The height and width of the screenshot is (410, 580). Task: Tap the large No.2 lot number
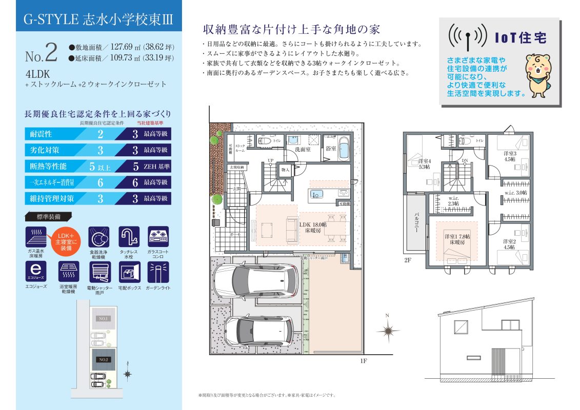point(41,52)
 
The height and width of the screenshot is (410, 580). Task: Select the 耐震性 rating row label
point(42,134)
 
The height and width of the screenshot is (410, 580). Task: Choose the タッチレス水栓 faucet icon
point(129,237)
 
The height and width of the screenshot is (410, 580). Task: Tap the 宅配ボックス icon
point(128,272)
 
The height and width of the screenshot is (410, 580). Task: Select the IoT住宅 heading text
point(520,38)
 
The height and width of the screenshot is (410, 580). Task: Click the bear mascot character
point(539,74)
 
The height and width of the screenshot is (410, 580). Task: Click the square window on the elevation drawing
point(461,326)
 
